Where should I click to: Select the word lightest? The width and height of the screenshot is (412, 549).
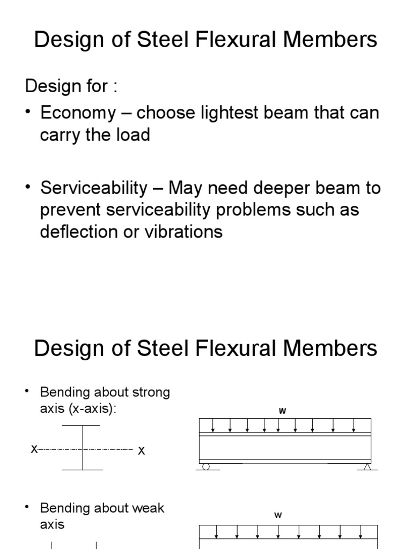[x=237, y=113]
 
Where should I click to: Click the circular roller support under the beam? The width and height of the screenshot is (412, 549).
[x=205, y=467]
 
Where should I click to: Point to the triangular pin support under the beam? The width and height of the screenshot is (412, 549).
[x=367, y=467]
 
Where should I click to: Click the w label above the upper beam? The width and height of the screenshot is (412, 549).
[x=282, y=411]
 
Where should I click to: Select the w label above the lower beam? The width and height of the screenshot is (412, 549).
[x=278, y=515]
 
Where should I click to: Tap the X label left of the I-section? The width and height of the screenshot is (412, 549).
[x=34, y=449]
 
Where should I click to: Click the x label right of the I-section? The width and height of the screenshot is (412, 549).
[x=142, y=451]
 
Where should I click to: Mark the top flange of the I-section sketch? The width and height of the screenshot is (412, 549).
[x=81, y=426]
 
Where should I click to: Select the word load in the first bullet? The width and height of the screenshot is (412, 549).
[x=134, y=135]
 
